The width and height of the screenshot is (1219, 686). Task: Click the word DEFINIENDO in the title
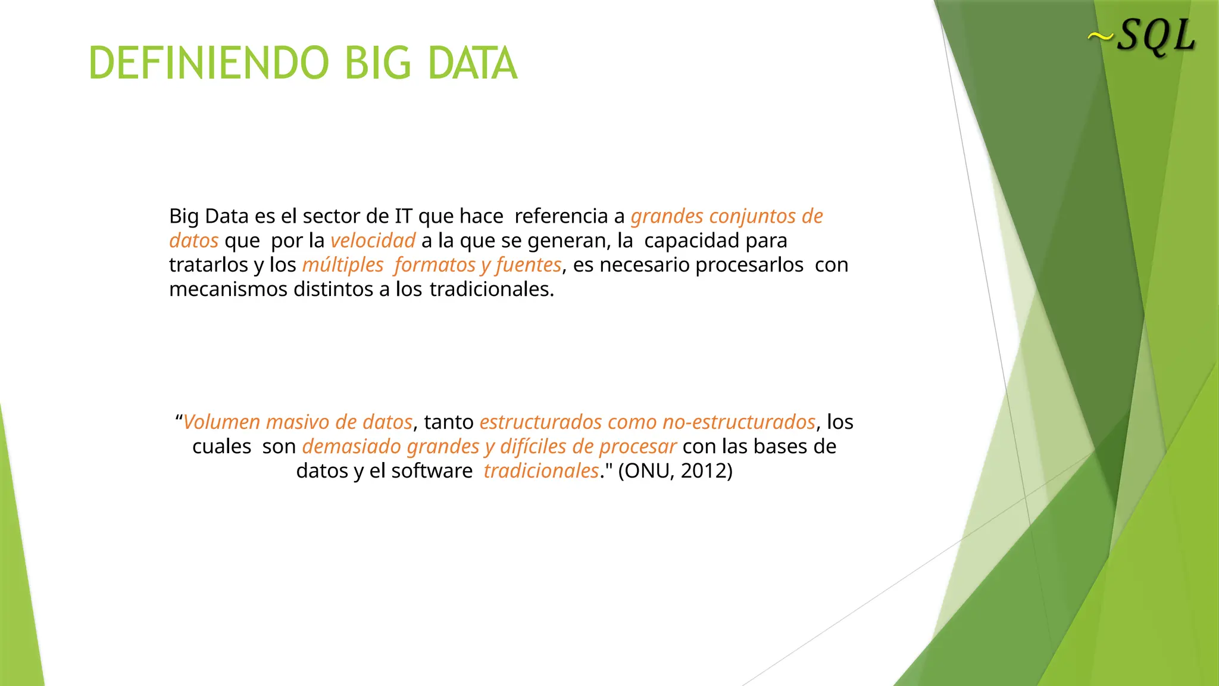[x=208, y=63]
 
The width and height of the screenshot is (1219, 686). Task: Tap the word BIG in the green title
[x=378, y=63]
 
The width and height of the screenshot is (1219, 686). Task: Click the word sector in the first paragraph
[x=330, y=216]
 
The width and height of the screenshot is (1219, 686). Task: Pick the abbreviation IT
[x=404, y=216]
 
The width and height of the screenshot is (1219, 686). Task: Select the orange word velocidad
[x=373, y=241]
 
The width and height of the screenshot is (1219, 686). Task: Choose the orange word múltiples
[x=343, y=265]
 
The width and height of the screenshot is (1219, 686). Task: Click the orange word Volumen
[x=221, y=422]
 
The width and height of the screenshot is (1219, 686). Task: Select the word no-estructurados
[x=739, y=422]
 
